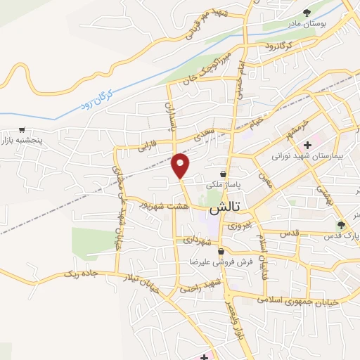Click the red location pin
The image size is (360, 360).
181,165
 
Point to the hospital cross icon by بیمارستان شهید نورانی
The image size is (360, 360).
307,144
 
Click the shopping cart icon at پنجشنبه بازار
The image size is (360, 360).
22,130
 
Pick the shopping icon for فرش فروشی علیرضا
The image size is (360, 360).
221,251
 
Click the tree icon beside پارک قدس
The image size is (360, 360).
341,225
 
